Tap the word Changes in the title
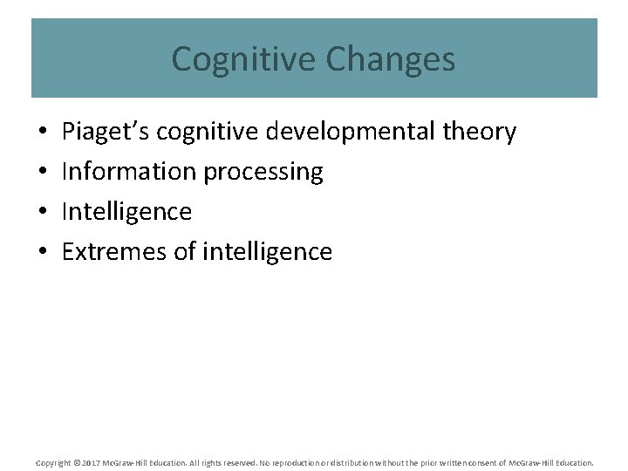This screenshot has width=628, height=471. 390,59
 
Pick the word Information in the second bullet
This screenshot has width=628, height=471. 129,172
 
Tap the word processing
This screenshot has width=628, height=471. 263,173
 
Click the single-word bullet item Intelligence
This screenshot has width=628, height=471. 126,212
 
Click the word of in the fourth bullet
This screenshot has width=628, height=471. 186,252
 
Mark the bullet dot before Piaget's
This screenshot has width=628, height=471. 44,133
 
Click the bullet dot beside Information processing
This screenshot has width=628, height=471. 44,173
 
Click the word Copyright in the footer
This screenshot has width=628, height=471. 52,462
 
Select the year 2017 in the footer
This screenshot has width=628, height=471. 90,462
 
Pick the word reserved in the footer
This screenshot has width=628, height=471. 235,462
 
